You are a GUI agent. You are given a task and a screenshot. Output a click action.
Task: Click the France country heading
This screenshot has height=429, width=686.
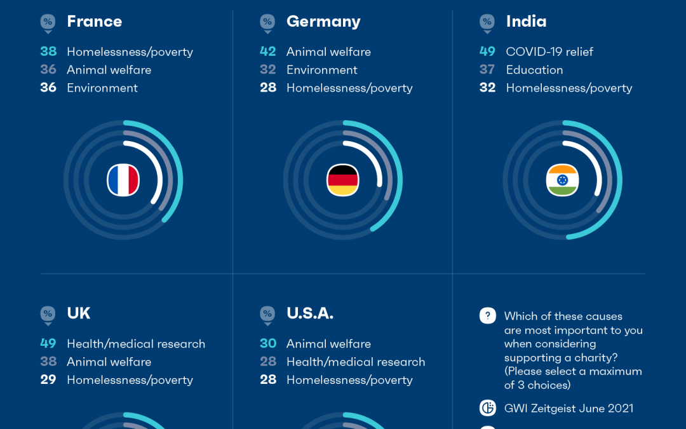point(94,22)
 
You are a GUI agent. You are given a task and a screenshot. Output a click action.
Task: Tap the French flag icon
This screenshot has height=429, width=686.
point(123,180)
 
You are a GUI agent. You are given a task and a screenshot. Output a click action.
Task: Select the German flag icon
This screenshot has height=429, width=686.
point(343,180)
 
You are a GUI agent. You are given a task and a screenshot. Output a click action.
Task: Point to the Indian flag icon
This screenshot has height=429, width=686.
point(562,180)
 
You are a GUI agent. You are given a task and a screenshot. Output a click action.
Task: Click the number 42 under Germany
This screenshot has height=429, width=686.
point(267,51)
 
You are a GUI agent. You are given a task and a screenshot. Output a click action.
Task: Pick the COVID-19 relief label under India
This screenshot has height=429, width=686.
point(549,51)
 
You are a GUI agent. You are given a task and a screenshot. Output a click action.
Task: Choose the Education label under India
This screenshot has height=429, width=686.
point(534,70)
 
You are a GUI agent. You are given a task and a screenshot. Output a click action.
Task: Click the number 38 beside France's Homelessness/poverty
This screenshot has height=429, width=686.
point(48,51)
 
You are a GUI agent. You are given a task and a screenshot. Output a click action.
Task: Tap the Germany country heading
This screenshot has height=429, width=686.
point(323,22)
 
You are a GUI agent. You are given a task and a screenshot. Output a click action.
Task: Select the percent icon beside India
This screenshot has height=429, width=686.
point(487,22)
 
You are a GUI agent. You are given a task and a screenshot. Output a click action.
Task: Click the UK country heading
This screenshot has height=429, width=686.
point(79,313)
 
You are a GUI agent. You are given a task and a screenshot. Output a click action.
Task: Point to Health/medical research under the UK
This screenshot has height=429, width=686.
point(136,344)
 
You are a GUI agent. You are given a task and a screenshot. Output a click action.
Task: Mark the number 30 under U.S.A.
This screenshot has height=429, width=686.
point(268,344)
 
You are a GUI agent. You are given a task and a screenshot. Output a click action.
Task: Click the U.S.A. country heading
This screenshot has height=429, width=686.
point(310,313)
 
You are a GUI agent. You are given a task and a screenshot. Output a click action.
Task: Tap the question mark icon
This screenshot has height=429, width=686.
point(487,316)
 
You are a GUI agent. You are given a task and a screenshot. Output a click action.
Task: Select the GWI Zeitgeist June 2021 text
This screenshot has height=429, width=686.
point(568,408)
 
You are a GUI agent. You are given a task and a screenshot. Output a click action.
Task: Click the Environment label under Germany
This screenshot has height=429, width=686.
point(321,70)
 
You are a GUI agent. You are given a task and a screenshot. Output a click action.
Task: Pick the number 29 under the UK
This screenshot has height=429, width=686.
point(48,380)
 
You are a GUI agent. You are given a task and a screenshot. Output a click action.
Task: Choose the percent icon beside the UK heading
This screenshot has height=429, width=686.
point(48,314)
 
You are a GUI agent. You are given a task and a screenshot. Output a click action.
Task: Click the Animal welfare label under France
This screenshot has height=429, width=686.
point(109,70)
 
